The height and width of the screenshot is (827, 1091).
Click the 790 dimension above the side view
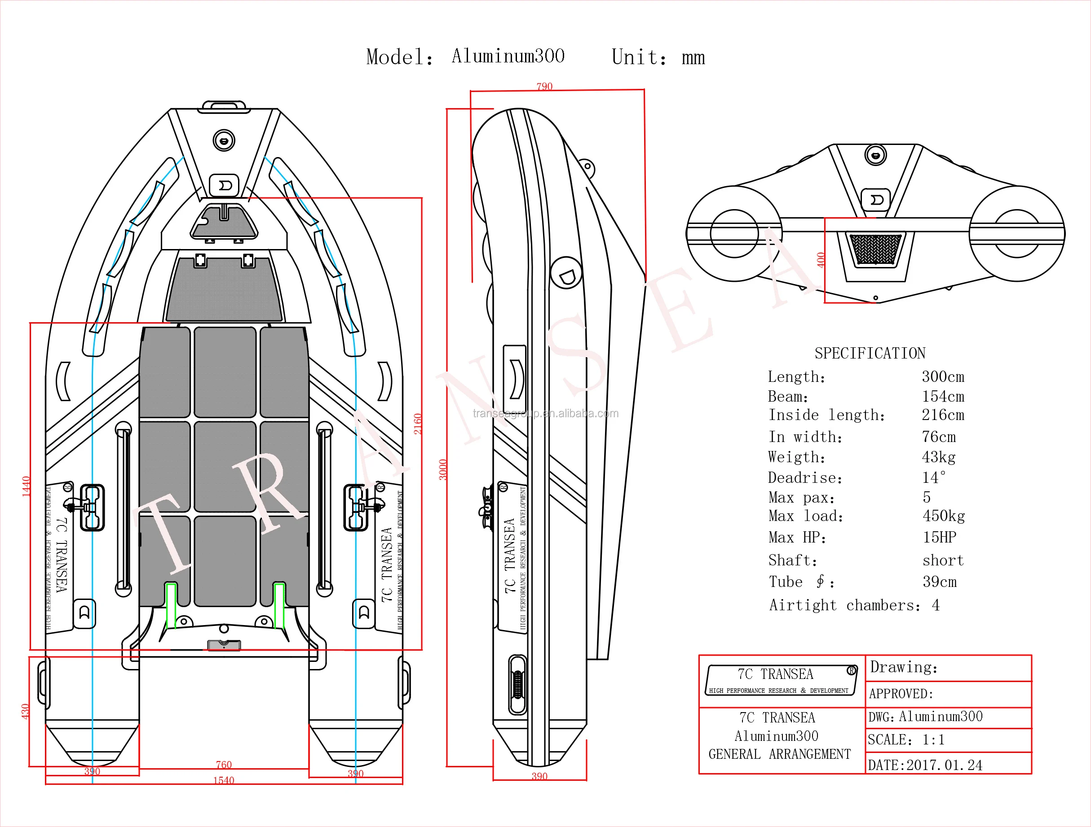(544, 86)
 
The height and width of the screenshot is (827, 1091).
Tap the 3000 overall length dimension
(443, 469)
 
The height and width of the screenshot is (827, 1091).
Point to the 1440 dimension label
(26, 486)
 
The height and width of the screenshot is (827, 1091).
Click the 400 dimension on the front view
(821, 260)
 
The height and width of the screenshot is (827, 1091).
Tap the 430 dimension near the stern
(25, 711)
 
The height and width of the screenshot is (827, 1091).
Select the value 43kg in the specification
(938, 457)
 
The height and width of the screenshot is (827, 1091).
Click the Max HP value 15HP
(939, 537)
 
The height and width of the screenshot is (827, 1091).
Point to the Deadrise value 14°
(933, 477)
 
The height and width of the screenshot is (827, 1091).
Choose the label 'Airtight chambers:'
(844, 605)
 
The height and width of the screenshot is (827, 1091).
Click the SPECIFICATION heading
(870, 354)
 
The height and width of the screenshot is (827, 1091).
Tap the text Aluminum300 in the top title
(508, 56)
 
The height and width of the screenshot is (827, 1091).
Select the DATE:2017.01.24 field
(925, 765)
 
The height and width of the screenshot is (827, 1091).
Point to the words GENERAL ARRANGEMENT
(779, 754)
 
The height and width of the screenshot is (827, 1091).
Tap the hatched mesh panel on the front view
(875, 249)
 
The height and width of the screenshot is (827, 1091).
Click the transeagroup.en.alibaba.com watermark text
(545, 414)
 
